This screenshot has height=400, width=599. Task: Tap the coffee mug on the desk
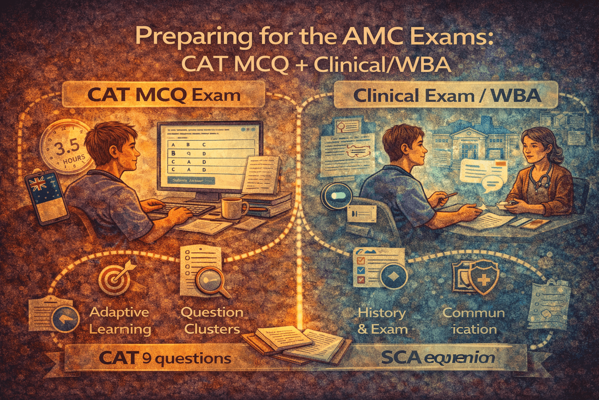(233, 207)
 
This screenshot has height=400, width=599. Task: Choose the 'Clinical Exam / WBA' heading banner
(447, 95)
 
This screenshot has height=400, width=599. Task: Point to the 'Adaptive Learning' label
(119, 320)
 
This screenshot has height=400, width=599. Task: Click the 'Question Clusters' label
(212, 320)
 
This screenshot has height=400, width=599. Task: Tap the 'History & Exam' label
(382, 321)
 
